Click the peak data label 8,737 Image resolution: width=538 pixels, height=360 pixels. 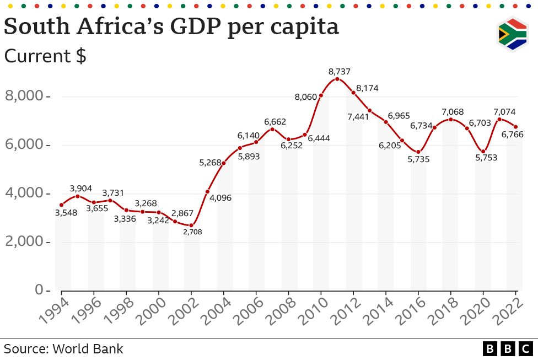[x=339, y=72]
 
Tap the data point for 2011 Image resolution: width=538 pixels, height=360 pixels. [x=337, y=79]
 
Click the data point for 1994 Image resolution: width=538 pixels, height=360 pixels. [x=61, y=205]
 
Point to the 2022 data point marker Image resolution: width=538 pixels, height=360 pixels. [x=516, y=127]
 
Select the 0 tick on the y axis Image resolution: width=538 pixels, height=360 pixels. [x=39, y=290]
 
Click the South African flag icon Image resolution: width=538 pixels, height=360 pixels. [x=512, y=35]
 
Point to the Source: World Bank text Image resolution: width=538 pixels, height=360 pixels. [x=63, y=349]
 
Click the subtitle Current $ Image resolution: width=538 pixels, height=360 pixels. [x=45, y=56]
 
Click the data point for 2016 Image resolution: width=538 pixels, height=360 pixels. [x=418, y=152]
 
